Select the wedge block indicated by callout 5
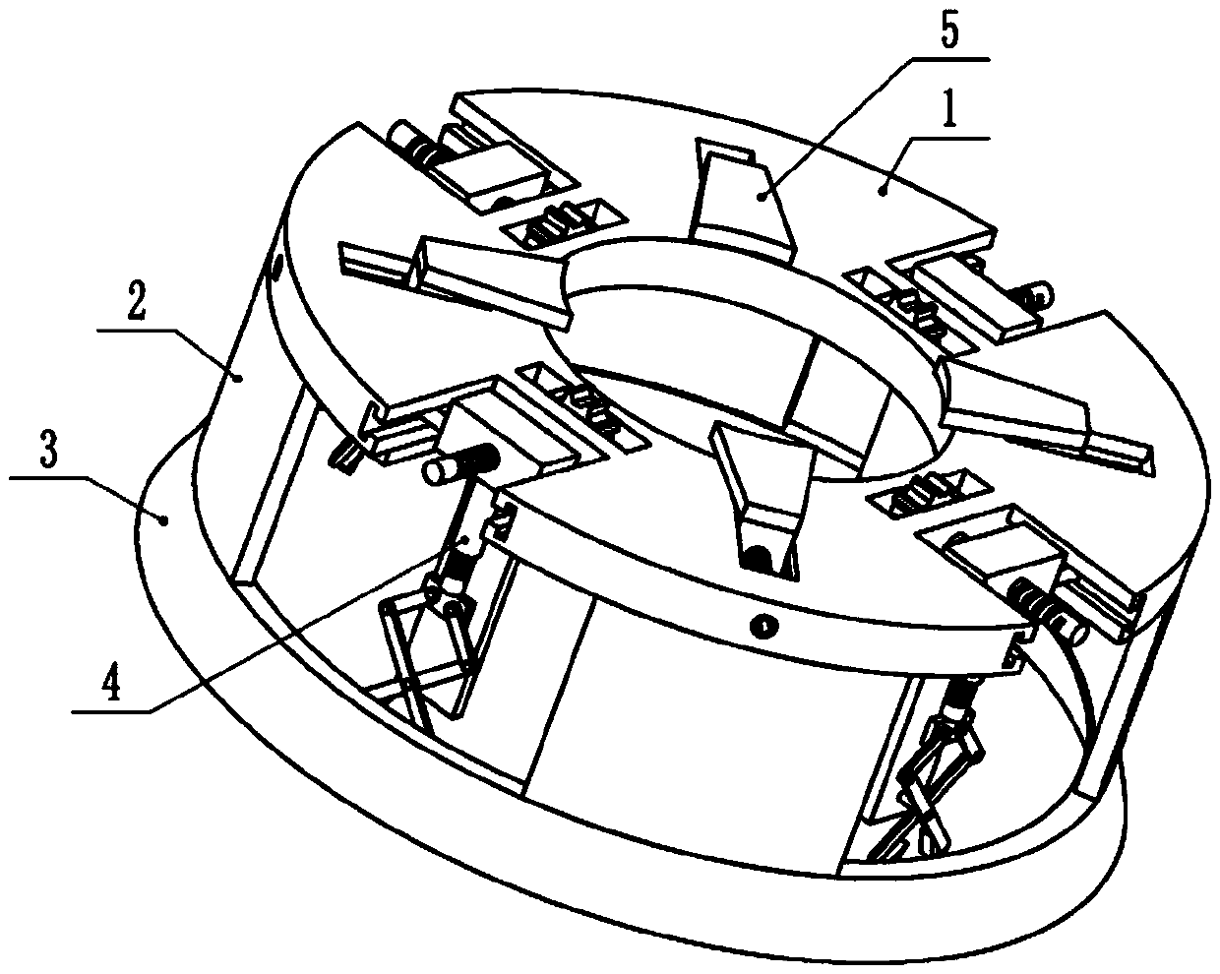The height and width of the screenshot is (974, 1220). tap(744, 197)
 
